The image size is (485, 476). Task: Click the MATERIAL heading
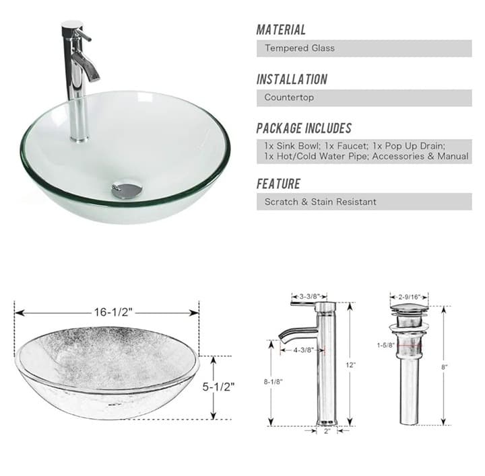coord(281,30)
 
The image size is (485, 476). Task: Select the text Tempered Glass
coord(299,48)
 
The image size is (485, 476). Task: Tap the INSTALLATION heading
coord(292,79)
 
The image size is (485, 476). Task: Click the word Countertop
coord(289,97)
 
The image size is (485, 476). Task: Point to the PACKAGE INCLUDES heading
coord(304,128)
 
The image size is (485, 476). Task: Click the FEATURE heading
coord(278,184)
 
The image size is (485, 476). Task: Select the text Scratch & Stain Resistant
coord(320,202)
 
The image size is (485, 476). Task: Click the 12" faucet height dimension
coord(352,364)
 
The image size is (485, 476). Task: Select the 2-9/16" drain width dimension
coord(409,296)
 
